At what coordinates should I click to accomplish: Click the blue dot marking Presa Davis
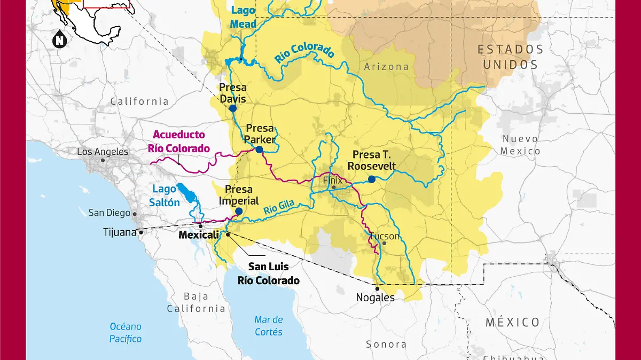coord(233,108)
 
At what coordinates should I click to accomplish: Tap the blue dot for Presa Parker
coord(259,150)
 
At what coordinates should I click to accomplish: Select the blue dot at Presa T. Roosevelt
coord(372,179)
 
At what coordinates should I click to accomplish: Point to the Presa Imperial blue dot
coord(239,212)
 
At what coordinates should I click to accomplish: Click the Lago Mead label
coord(243,17)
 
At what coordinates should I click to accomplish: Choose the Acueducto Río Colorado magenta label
coord(179,142)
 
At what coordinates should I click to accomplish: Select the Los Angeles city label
coord(103,152)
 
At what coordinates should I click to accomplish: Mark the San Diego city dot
coord(135,214)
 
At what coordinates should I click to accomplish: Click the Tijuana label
coord(120,232)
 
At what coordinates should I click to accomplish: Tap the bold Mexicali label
coord(199,235)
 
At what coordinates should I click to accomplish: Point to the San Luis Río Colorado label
coord(269,273)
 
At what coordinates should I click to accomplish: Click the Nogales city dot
coord(378,288)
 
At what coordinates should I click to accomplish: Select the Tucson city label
coord(384,236)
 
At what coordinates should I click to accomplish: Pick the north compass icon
coord(59,40)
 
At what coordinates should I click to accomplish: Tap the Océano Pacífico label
coord(126,332)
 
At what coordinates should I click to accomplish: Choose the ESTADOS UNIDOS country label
coord(510,57)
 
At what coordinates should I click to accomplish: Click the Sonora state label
coord(386,345)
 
